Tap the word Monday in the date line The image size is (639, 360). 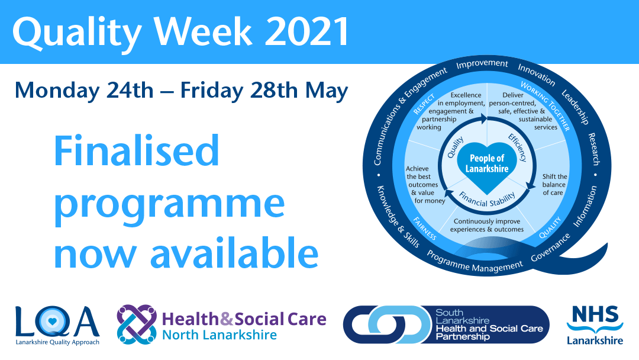57,91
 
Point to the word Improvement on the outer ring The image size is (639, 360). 482,64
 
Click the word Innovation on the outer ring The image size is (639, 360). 536,74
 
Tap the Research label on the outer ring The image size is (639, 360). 594,149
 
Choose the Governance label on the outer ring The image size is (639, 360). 550,247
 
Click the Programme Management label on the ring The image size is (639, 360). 475,262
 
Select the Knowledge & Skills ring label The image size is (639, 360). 398,217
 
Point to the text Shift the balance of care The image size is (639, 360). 554,185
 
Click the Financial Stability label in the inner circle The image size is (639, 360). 487,199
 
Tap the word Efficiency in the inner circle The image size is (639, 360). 518,147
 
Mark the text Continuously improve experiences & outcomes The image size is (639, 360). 487,226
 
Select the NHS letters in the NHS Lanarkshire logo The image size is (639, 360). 595,314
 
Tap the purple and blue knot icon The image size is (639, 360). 137,324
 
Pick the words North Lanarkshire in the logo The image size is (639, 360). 220,335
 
